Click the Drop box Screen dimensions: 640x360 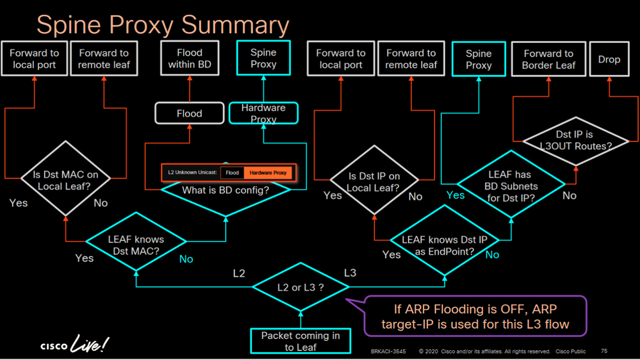(x=609, y=59)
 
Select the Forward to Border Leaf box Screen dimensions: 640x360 (x=548, y=59)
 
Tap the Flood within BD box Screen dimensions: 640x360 (x=190, y=58)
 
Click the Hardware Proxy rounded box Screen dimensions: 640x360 (x=263, y=113)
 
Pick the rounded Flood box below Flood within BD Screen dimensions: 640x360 (x=190, y=113)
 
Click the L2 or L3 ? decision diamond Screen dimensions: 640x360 (x=300, y=287)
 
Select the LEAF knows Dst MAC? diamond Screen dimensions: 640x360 (x=136, y=241)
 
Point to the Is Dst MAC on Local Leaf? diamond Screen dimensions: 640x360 (x=65, y=179)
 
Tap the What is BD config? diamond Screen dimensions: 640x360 (x=226, y=190)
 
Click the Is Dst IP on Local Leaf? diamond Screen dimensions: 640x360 (x=374, y=180)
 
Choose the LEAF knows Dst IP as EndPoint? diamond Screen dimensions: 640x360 (x=445, y=241)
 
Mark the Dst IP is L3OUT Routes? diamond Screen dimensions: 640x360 (x=575, y=141)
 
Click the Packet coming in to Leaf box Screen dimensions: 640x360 (x=300, y=341)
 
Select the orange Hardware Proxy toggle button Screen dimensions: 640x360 (x=268, y=173)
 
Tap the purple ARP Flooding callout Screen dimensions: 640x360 (x=475, y=316)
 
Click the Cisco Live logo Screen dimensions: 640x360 (x=75, y=343)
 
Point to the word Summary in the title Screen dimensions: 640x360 (x=235, y=26)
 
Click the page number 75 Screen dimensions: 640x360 (x=604, y=351)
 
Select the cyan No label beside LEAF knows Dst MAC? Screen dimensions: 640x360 (x=186, y=259)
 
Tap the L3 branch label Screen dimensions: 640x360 (x=350, y=273)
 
